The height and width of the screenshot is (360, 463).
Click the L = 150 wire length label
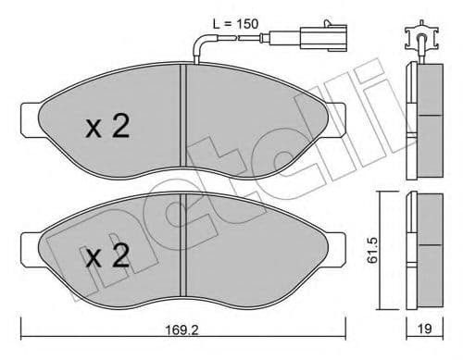[x=235, y=24]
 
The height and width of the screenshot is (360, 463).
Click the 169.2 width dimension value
[x=182, y=330]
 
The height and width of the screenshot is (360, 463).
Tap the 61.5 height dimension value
[x=372, y=250]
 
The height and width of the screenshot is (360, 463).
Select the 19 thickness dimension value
[x=424, y=329]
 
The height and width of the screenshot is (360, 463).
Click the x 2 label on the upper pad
[x=107, y=126]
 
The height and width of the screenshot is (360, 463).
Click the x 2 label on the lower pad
[x=107, y=255]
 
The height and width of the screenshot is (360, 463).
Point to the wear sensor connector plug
[x=323, y=39]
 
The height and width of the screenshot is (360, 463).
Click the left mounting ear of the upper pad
[x=31, y=119]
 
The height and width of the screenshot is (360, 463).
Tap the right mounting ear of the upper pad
[x=336, y=120]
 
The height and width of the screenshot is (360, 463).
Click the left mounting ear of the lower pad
[x=31, y=249]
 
